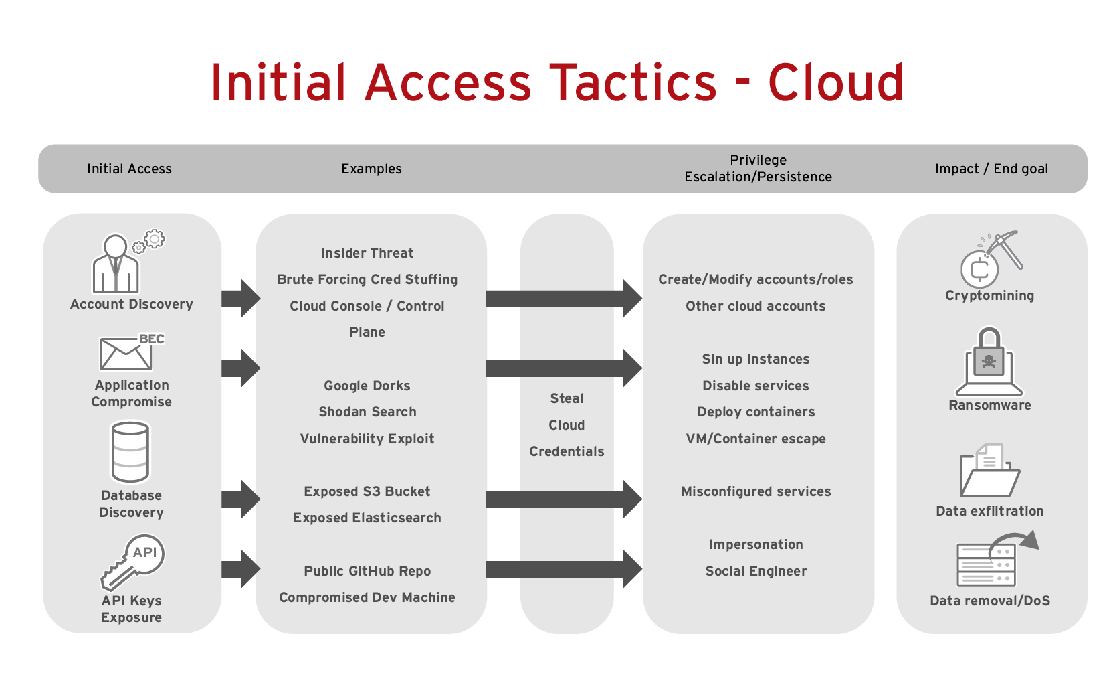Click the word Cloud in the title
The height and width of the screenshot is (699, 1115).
835,83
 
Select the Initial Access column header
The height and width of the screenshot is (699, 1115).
129,169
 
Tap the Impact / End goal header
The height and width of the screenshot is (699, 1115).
991,169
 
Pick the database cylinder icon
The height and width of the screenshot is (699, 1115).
130,452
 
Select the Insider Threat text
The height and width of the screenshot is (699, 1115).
367,253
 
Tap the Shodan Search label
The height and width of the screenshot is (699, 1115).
367,412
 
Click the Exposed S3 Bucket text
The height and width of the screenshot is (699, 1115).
367,491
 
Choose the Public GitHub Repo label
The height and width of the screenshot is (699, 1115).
367,571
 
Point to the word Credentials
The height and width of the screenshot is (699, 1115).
567,451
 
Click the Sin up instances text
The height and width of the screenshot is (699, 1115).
755,359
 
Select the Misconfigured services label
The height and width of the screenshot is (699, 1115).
755,491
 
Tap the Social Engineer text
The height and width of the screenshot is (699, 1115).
755,571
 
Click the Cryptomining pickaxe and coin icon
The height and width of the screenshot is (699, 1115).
990,260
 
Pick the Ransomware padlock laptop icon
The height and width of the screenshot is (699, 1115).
989,362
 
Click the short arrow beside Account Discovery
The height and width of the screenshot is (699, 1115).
240,299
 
